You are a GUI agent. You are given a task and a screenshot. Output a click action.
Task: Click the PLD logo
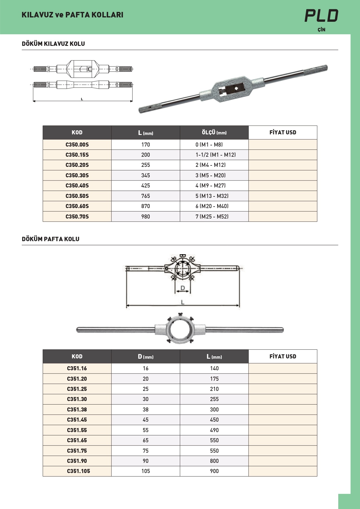321,16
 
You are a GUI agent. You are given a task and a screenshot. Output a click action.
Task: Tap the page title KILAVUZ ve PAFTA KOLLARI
72,15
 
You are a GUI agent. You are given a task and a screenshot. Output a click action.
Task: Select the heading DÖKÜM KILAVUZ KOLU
53,44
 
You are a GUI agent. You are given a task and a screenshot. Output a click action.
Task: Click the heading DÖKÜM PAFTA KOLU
50,239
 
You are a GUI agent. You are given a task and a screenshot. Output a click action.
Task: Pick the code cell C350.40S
77,186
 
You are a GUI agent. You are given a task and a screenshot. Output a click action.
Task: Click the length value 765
146,196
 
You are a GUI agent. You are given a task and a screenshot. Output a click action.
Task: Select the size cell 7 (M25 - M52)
212,216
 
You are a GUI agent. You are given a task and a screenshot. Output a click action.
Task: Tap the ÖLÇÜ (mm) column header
214,133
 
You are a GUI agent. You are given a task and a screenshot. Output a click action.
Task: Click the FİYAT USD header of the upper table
283,133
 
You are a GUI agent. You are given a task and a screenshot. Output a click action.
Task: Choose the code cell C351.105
78,471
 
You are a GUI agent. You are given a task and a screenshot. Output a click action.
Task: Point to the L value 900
214,471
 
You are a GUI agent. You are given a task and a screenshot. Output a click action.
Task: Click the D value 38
146,409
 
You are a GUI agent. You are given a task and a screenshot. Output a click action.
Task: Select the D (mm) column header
146,357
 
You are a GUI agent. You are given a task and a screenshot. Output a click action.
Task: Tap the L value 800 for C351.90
214,461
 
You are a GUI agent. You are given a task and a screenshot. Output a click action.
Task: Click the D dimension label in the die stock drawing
183,288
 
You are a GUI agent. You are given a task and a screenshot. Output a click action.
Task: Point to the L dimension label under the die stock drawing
182,302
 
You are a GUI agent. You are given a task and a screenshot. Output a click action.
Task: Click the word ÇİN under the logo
321,30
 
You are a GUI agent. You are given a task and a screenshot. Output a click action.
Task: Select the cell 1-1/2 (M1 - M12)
216,155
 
